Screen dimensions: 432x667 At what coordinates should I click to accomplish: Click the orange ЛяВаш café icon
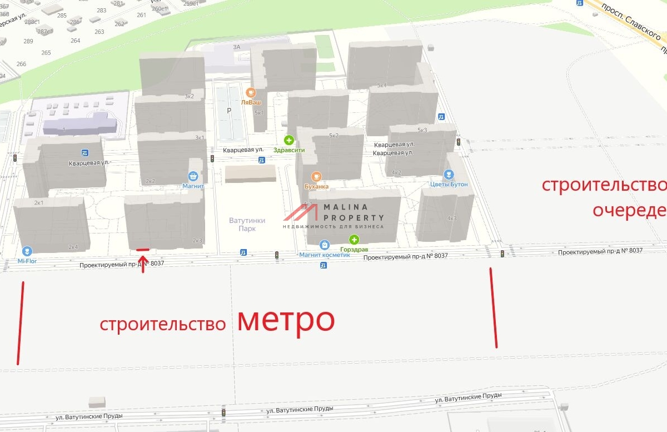point(251,93)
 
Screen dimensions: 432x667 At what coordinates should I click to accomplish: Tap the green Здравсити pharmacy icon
point(288,140)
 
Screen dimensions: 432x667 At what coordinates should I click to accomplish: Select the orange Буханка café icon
point(316,177)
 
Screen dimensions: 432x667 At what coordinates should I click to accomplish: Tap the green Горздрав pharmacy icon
point(354,240)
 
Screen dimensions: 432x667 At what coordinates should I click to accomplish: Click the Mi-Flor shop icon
point(27,251)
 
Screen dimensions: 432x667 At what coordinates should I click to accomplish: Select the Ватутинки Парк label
point(247,224)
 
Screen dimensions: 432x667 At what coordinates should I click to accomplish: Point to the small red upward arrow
point(143,262)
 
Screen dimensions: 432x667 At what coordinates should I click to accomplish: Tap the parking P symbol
point(228,111)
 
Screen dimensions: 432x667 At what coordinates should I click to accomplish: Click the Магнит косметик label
point(325,255)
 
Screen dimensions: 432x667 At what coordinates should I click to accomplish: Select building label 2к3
point(197,241)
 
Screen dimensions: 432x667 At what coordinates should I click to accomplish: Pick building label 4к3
point(451,218)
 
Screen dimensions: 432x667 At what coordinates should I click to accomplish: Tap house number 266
point(21,64)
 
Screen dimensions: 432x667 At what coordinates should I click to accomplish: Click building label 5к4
point(381,86)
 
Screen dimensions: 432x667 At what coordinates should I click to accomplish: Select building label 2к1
point(39,202)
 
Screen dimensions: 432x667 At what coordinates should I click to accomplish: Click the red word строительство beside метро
point(163,325)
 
